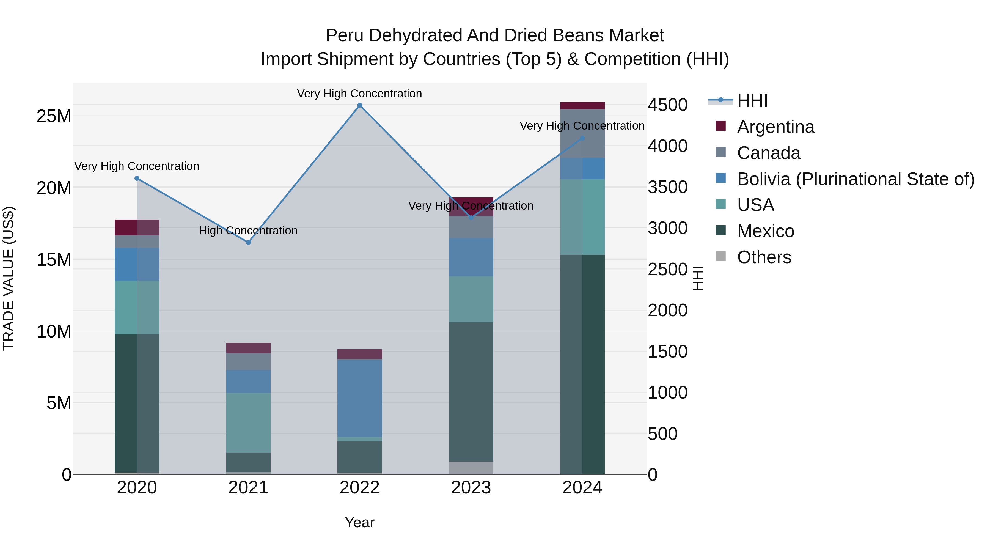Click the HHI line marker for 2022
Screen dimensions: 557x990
pyautogui.click(x=360, y=105)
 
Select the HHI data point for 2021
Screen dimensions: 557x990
pyautogui.click(x=248, y=243)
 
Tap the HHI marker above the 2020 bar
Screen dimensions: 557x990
pyautogui.click(x=137, y=178)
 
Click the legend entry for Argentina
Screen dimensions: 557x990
pyautogui.click(x=775, y=127)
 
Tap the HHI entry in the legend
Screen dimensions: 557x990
pyautogui.click(x=752, y=101)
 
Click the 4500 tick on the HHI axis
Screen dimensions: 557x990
pyautogui.click(x=667, y=105)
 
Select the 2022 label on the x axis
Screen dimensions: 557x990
pyautogui.click(x=360, y=488)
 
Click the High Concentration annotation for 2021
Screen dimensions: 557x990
pyautogui.click(x=248, y=231)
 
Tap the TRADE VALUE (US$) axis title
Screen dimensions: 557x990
pyautogui.click(x=9, y=278)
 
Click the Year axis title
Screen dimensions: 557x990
pyautogui.click(x=359, y=522)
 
